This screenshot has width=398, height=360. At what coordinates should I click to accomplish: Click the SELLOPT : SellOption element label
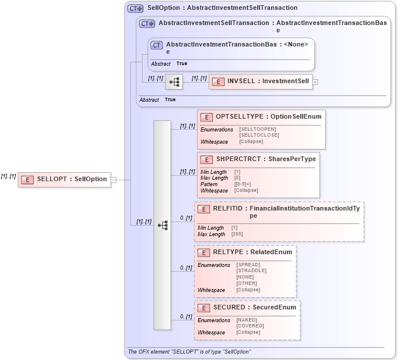click(72, 179)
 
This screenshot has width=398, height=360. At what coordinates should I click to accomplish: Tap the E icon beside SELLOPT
click(27, 179)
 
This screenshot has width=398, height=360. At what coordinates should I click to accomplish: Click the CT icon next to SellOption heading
click(135, 8)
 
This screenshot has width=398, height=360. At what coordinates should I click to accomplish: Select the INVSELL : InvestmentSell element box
click(260, 81)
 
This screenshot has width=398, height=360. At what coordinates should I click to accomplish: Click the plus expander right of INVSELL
click(315, 82)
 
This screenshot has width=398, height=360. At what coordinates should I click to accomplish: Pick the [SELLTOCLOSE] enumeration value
click(259, 135)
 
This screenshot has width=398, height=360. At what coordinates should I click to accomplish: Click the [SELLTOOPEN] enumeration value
click(258, 129)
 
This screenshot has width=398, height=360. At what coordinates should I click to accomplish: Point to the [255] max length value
click(237, 234)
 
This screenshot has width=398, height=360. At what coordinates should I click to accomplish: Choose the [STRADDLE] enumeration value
click(251, 270)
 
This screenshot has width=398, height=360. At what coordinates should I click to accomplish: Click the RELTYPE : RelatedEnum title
click(252, 252)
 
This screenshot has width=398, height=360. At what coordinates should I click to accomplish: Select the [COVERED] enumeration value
click(250, 326)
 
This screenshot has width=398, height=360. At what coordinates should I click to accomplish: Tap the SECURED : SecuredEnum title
click(254, 307)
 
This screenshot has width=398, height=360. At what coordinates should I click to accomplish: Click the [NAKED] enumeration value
click(247, 320)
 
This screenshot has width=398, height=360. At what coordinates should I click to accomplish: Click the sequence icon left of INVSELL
click(174, 82)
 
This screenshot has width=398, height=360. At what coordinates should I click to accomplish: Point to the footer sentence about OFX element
click(189, 352)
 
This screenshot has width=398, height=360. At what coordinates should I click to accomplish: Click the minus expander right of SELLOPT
click(114, 180)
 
